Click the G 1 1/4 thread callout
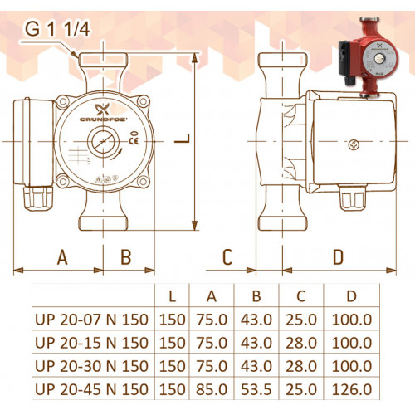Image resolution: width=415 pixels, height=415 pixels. (57, 29)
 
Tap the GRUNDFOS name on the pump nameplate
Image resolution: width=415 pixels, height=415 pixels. (103, 120)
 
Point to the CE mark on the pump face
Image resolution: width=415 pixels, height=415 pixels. (134, 141)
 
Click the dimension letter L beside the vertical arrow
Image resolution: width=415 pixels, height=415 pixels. (183, 139)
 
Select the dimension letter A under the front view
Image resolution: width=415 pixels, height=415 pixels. (62, 257)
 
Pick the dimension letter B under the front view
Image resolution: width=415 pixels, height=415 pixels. (126, 257)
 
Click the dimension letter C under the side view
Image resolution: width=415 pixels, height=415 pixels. (227, 257)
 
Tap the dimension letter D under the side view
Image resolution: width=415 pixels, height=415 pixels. (338, 257)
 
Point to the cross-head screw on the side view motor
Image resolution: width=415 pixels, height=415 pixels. (354, 144)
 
